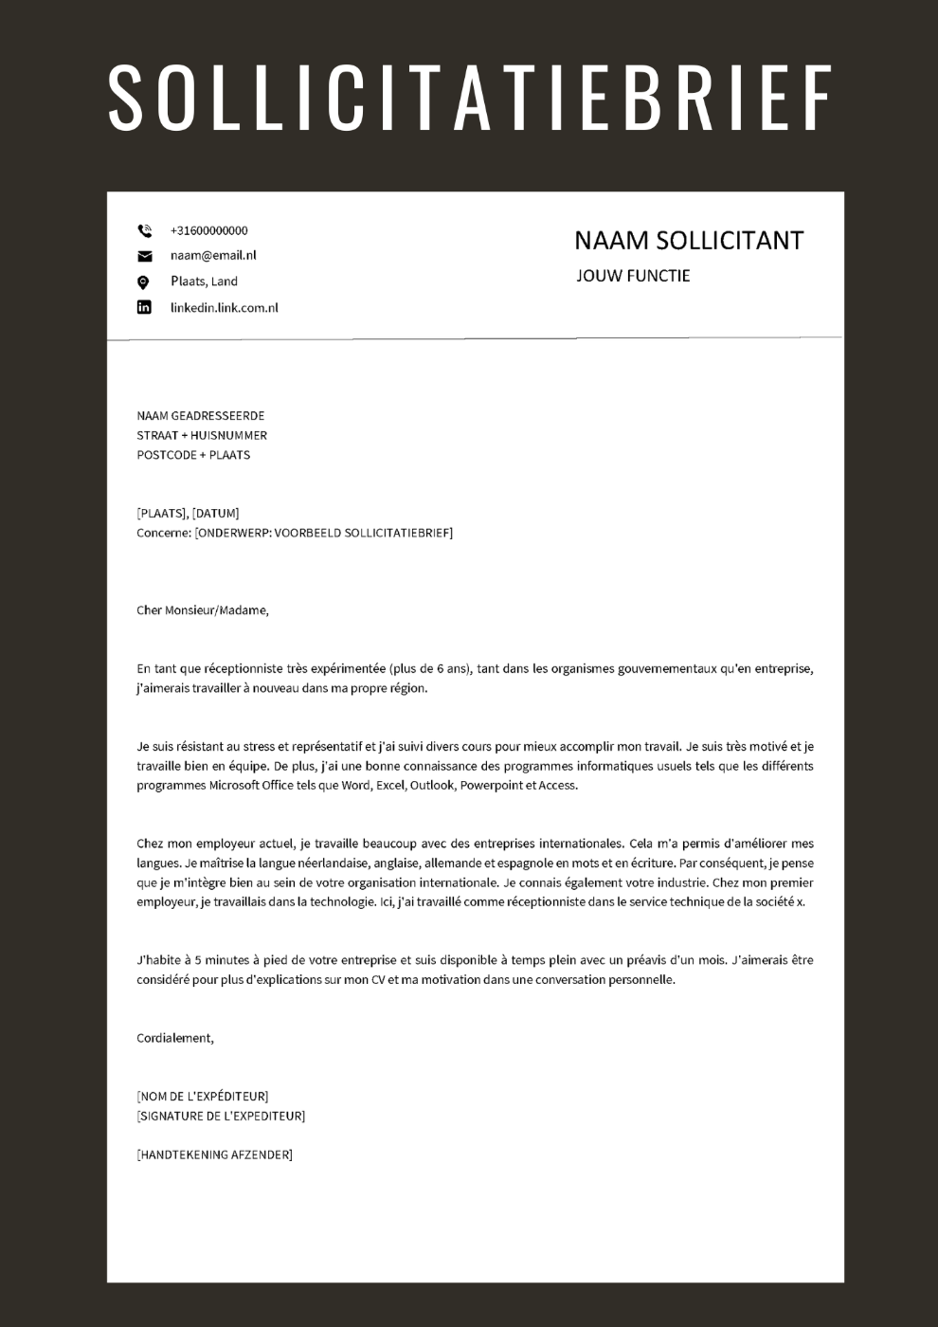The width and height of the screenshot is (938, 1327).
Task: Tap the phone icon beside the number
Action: tap(144, 230)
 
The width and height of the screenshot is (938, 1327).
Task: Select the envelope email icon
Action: tap(144, 256)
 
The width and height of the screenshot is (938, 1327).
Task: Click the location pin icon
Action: tap(144, 282)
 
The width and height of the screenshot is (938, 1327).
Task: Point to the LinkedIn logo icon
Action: tap(144, 307)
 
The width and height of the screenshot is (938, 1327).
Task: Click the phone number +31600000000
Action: tap(208, 230)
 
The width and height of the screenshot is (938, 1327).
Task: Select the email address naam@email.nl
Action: tap(213, 255)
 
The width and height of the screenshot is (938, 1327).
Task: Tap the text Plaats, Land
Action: tap(204, 282)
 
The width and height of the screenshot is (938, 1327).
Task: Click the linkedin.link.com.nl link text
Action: tap(224, 307)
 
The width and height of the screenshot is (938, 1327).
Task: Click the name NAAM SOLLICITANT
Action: tap(688, 241)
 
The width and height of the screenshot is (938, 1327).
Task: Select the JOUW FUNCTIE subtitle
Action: tap(633, 276)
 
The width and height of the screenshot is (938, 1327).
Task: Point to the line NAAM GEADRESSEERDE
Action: tap(201, 416)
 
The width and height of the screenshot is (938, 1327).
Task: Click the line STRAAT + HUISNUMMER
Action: tap(202, 435)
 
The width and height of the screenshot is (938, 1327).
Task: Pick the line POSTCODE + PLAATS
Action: tap(193, 455)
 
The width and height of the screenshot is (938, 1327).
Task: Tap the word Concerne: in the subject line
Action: tap(164, 533)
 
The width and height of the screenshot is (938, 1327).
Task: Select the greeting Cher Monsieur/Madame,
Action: tap(203, 610)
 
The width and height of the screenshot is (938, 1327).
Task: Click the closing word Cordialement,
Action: tap(175, 1038)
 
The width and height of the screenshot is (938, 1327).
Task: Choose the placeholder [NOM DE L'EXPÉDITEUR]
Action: tap(203, 1097)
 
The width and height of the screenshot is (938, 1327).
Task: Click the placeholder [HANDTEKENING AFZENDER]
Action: tap(214, 1154)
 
